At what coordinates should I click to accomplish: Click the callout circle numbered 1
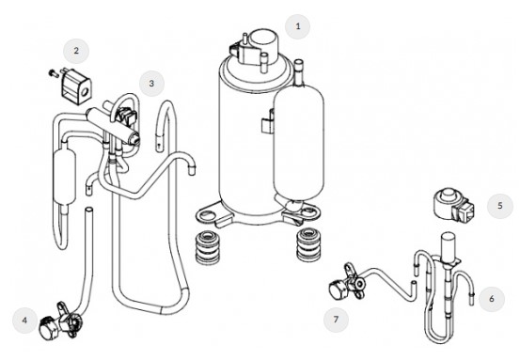[298, 26]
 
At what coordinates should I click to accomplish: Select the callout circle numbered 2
[76, 51]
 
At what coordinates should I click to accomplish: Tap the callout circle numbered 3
[151, 84]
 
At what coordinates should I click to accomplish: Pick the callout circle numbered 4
[24, 321]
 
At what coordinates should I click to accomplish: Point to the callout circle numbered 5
[499, 206]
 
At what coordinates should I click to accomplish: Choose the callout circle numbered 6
[492, 299]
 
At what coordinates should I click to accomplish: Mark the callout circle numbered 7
[336, 320]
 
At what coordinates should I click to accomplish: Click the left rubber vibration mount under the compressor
[208, 247]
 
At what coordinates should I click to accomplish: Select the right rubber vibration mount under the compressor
[308, 244]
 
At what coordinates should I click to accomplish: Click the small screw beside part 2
[53, 72]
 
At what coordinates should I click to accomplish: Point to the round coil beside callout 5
[452, 206]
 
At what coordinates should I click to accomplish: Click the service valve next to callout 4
[62, 321]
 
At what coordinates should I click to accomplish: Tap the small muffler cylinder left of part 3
[64, 177]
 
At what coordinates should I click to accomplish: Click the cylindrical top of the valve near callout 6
[448, 245]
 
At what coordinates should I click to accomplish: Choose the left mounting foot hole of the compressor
[207, 215]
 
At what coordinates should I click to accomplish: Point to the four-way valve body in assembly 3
[113, 124]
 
